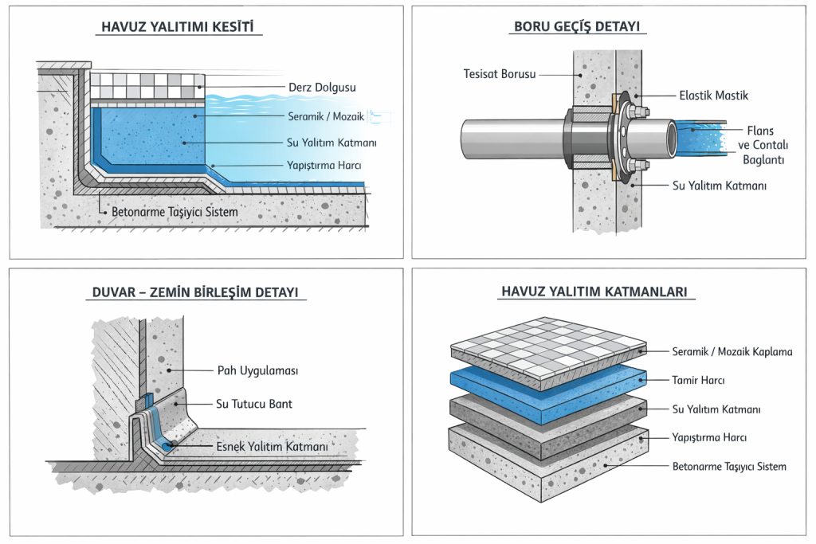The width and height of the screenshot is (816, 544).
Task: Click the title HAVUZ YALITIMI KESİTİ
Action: point(178,27)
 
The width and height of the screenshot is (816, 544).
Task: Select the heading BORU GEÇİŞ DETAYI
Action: point(578,27)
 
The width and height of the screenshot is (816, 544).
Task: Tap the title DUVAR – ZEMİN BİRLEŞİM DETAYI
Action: point(194,292)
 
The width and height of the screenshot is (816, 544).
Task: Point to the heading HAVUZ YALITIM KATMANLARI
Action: point(594,292)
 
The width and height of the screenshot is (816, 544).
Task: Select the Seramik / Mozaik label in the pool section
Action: point(325,116)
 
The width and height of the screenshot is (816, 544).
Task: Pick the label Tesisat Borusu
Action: point(499,74)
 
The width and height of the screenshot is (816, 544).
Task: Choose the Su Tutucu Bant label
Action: point(254,404)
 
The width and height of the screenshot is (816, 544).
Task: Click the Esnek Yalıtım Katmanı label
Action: point(272,447)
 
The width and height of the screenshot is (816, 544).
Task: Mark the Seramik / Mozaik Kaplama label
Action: point(732,351)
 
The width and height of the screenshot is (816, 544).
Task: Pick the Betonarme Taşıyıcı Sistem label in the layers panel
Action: point(728,466)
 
